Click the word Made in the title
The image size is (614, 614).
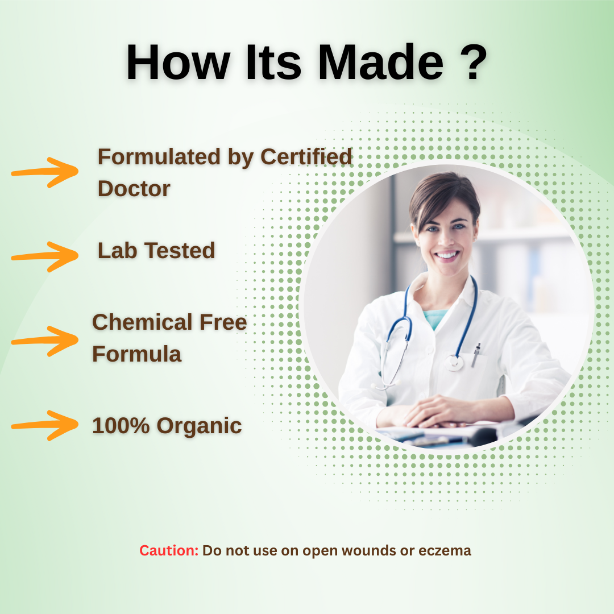click(380, 63)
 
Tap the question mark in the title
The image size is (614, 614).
click(474, 62)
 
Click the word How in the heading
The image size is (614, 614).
click(178, 63)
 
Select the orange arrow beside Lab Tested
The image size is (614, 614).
click(45, 256)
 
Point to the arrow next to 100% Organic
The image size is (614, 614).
click(45, 425)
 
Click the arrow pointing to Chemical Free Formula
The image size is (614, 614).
click(45, 341)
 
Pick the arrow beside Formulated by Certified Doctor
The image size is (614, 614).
click(45, 172)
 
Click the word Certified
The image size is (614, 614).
click(306, 157)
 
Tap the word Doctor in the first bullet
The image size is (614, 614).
click(134, 189)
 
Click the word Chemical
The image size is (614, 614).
click(142, 322)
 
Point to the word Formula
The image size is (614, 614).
click(136, 354)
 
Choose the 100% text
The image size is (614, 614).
click(121, 426)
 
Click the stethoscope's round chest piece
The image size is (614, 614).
click(455, 363)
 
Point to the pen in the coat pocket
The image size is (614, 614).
click(476, 354)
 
